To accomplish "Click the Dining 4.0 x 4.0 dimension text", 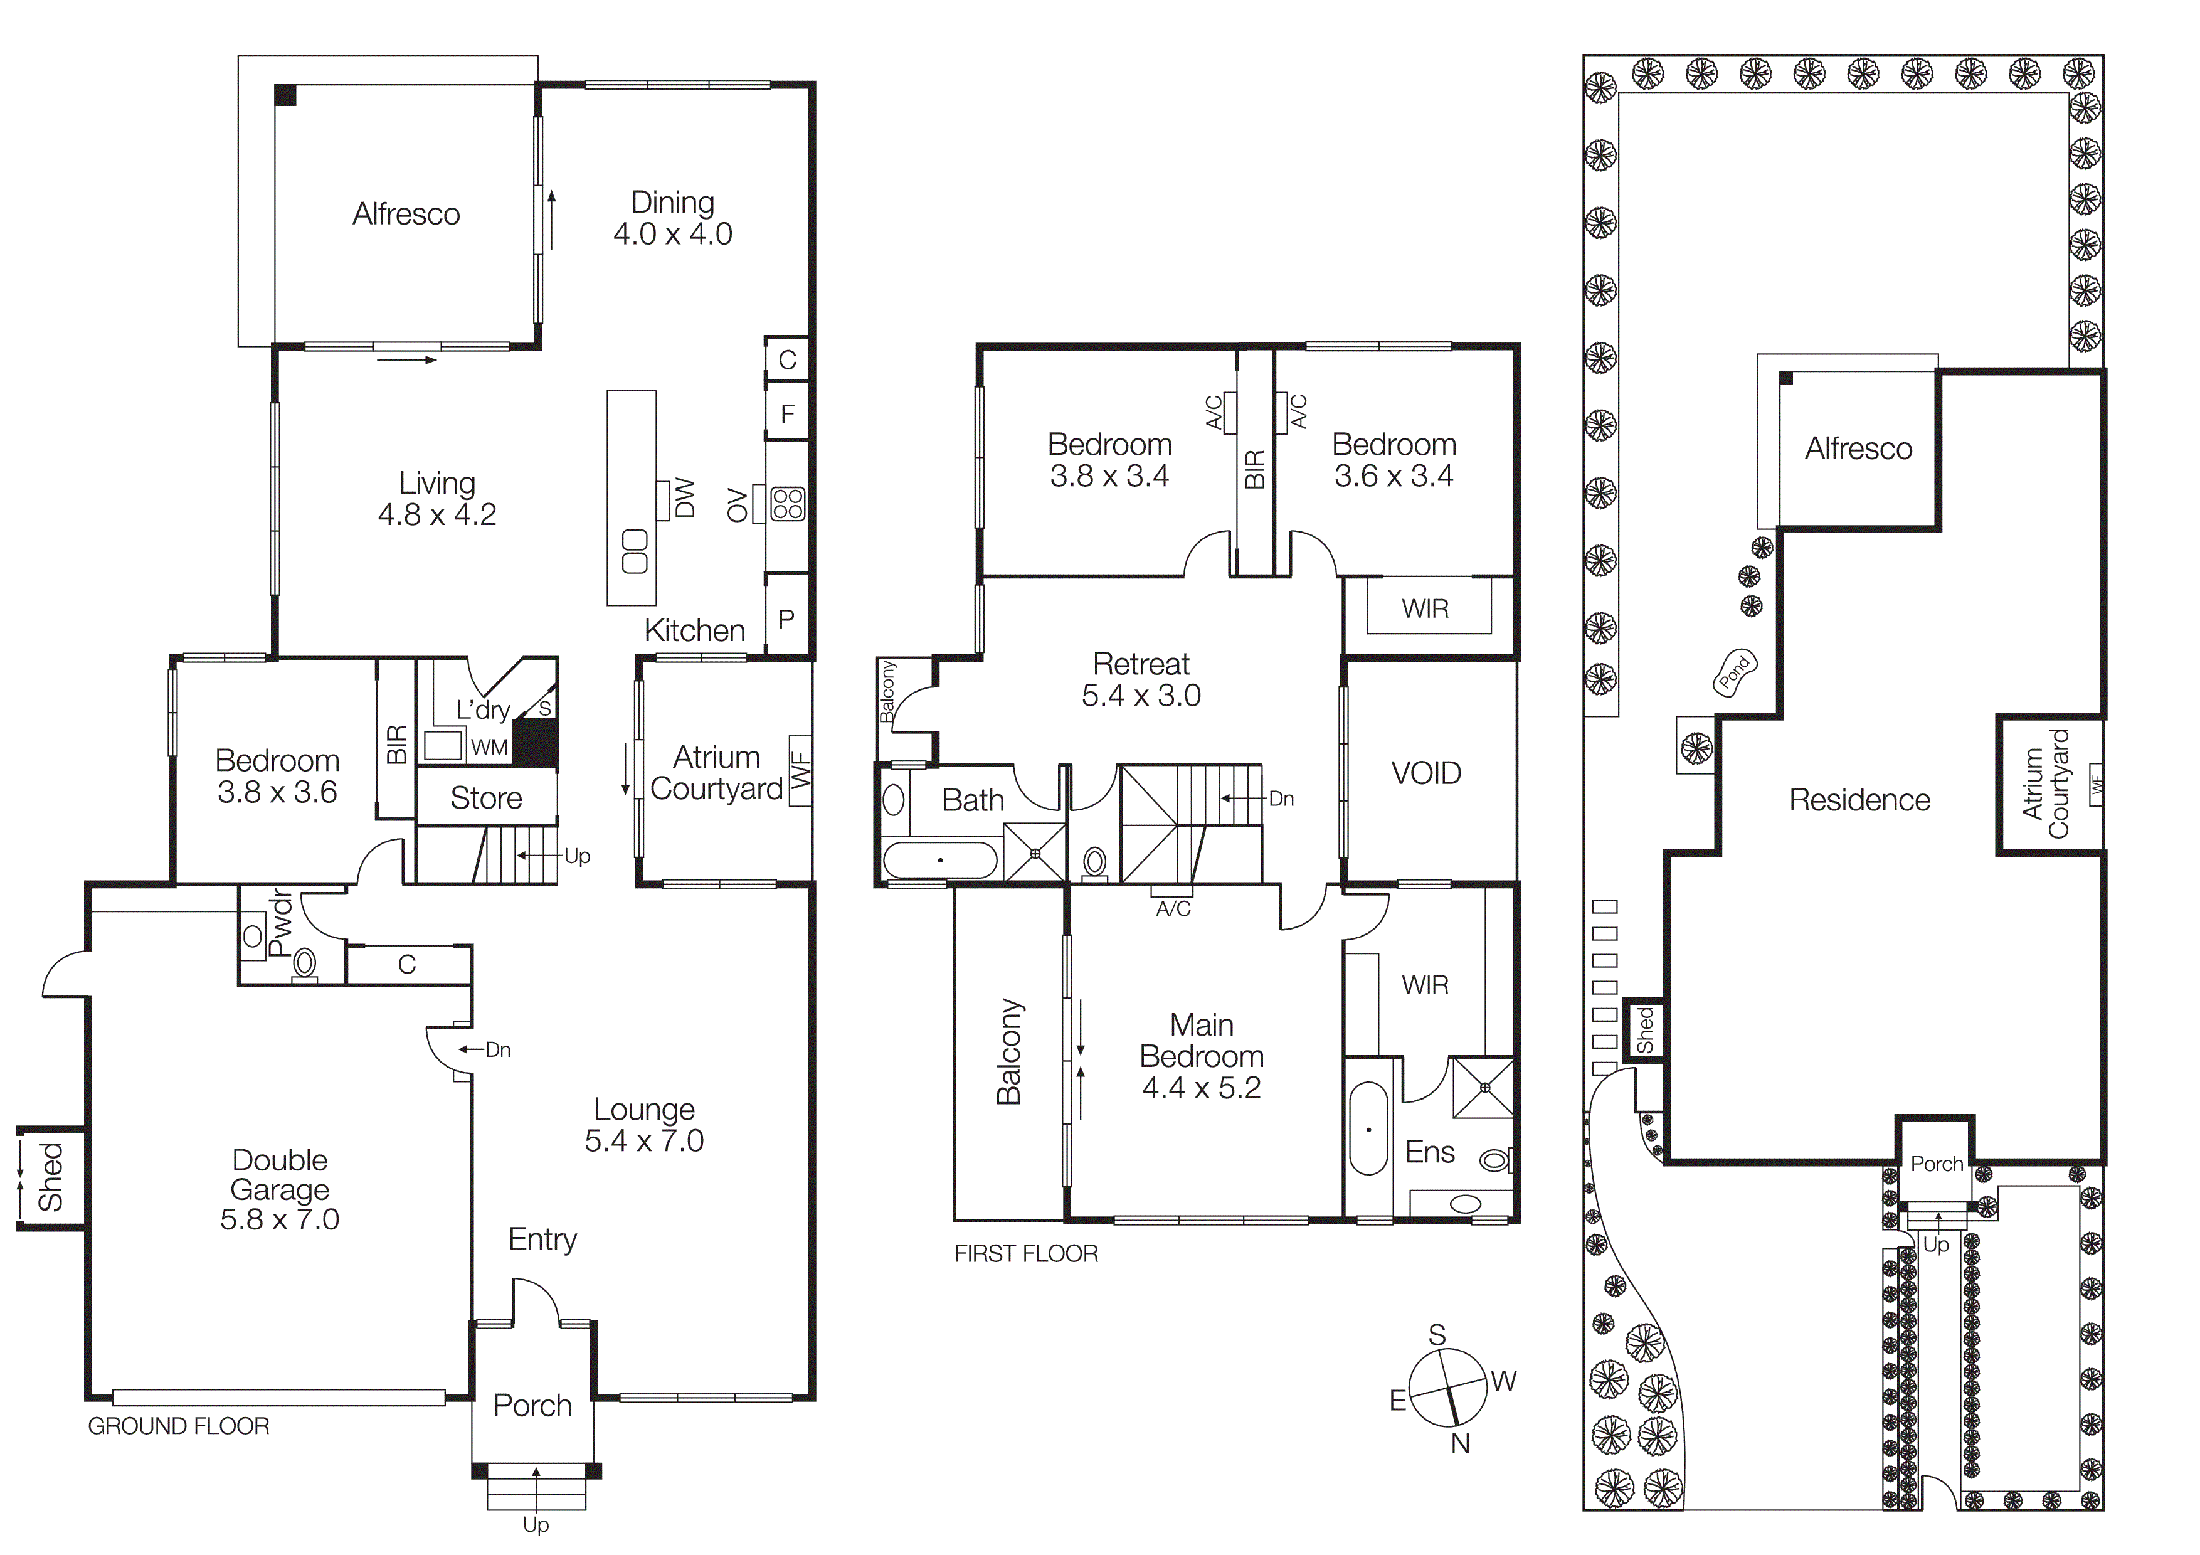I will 673,234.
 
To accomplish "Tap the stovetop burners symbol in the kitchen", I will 788,504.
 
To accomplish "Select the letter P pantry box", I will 786,619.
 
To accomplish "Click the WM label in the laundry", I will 489,747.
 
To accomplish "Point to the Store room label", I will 486,798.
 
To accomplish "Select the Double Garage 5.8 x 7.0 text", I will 280,1189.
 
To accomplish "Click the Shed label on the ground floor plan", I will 50,1177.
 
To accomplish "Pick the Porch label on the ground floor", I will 532,1406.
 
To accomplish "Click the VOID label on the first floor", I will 1425,773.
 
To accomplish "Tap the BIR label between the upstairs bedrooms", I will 1254,469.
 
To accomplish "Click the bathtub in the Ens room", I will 1368,1130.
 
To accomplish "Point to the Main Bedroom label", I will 1202,1056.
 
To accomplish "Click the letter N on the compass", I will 1460,1444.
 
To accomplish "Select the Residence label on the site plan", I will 1859,800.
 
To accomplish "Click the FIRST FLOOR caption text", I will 1025,1254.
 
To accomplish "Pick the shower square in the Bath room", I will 1035,852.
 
